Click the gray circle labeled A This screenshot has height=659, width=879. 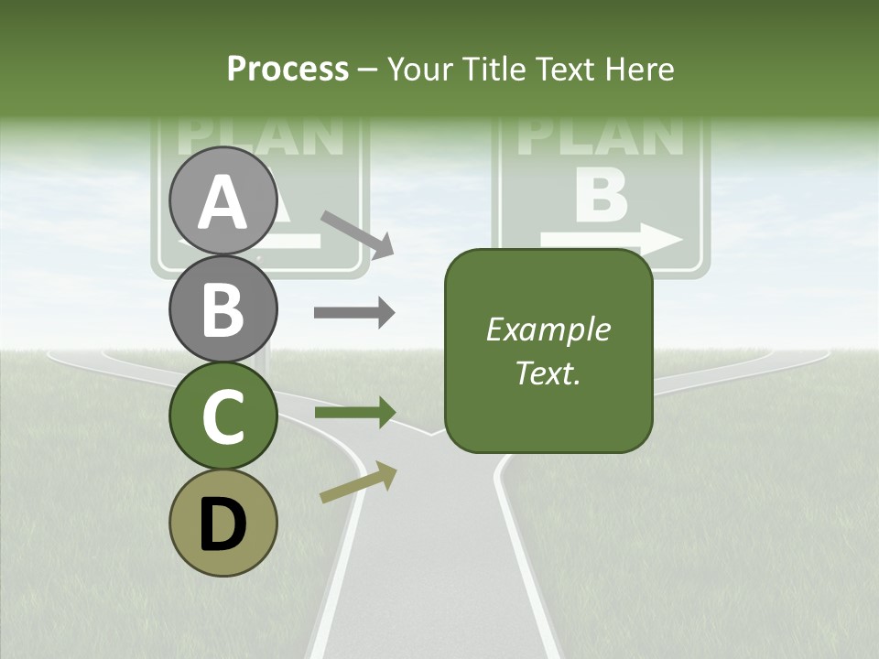point(223,200)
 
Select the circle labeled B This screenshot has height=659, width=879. point(223,308)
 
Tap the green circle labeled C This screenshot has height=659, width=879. point(223,416)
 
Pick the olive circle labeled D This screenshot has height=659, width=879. point(223,523)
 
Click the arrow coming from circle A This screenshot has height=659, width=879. point(356,232)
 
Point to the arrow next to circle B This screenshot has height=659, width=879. point(354,313)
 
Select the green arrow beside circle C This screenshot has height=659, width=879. point(354,413)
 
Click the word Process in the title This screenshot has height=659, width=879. point(288,69)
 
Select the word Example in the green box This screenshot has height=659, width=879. point(548,329)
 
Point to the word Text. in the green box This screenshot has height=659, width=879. point(548,373)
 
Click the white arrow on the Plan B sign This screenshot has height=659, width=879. point(612,241)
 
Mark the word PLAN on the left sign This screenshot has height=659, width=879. point(260,135)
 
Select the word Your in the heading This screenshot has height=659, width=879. point(419,69)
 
